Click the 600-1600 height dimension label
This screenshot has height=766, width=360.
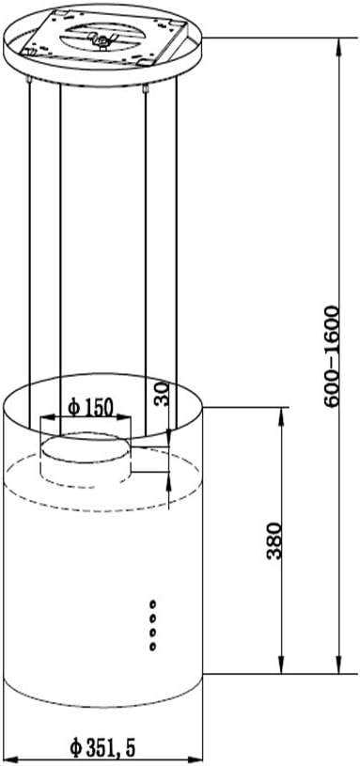point(331,356)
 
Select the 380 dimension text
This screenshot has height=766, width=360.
point(275,540)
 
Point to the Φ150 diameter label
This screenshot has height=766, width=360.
point(90,406)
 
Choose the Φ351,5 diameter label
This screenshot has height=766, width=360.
point(102,746)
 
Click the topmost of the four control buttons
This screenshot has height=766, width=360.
point(153,603)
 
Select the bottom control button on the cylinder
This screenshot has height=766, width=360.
point(153,647)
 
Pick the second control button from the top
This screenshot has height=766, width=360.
point(153,617)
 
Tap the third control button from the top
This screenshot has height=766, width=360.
point(153,633)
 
